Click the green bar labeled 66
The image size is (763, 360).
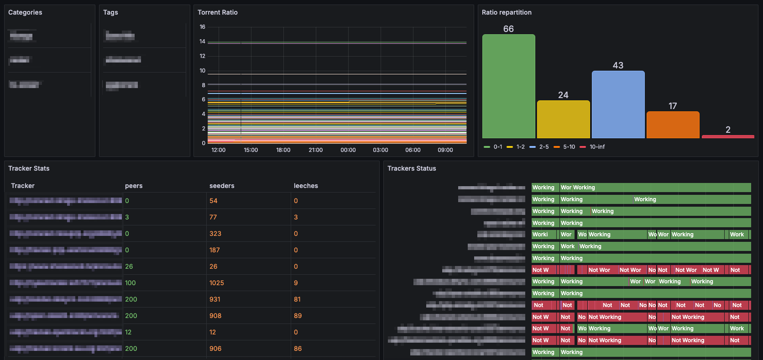pos(508,86)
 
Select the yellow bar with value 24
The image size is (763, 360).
pos(563,119)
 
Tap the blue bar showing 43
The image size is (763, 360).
pos(618,104)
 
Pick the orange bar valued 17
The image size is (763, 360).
pos(673,125)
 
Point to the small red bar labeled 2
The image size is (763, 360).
pos(728,136)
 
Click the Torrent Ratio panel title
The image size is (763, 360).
pos(218,12)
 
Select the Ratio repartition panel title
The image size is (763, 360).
pos(507,12)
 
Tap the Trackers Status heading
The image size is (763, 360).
pos(412,168)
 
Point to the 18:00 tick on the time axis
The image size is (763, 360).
pos(283,150)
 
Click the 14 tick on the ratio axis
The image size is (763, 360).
pos(203,42)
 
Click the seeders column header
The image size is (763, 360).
pos(222,186)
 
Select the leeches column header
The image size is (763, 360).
pos(306,186)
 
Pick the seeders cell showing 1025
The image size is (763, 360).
pos(217,283)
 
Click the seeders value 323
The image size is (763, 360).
pos(215,234)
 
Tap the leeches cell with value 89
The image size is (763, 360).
pos(298,316)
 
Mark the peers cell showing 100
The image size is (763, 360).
pos(131,283)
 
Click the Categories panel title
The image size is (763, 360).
pos(25,12)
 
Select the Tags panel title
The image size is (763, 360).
pos(110,12)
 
